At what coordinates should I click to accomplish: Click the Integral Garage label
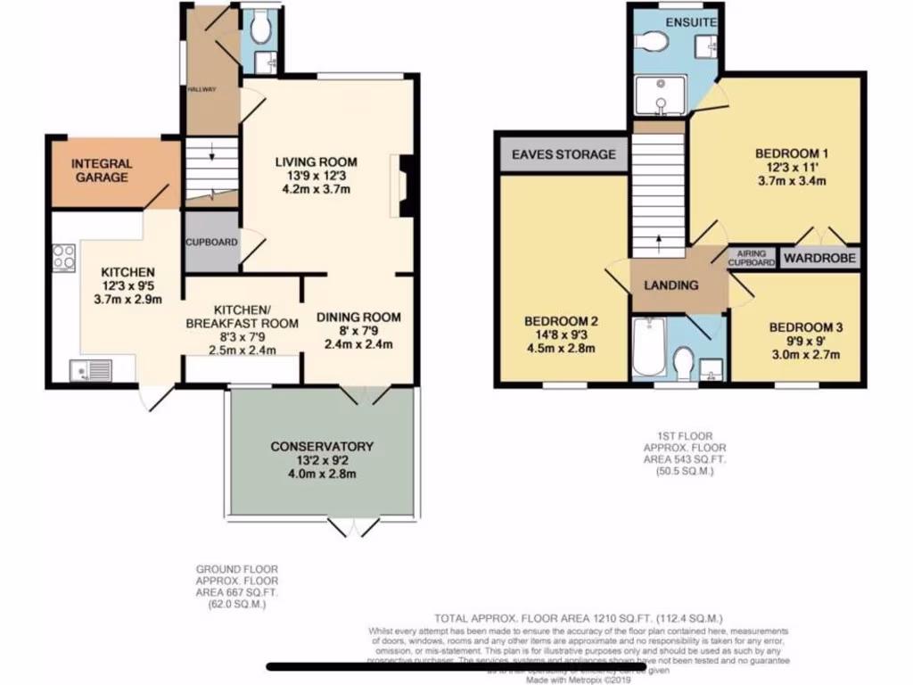pyautogui.click(x=101, y=170)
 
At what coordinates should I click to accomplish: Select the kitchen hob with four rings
pyautogui.click(x=64, y=257)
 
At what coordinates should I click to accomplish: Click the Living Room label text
pyautogui.click(x=316, y=161)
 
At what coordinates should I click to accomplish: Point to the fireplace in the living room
pyautogui.click(x=405, y=186)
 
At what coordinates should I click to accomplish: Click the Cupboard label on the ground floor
pyautogui.click(x=211, y=242)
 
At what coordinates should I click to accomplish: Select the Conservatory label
pyautogui.click(x=322, y=446)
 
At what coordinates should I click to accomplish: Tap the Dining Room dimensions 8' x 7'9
pyautogui.click(x=357, y=331)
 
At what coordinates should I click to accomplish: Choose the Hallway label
pyautogui.click(x=196, y=89)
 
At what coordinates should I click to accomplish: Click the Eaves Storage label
pyautogui.click(x=563, y=154)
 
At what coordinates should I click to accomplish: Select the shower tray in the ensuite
pyautogui.click(x=661, y=95)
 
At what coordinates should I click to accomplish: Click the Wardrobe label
pyautogui.click(x=819, y=259)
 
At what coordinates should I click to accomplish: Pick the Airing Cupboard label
pyautogui.click(x=752, y=258)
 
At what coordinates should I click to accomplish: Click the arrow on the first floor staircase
pyautogui.click(x=658, y=239)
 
